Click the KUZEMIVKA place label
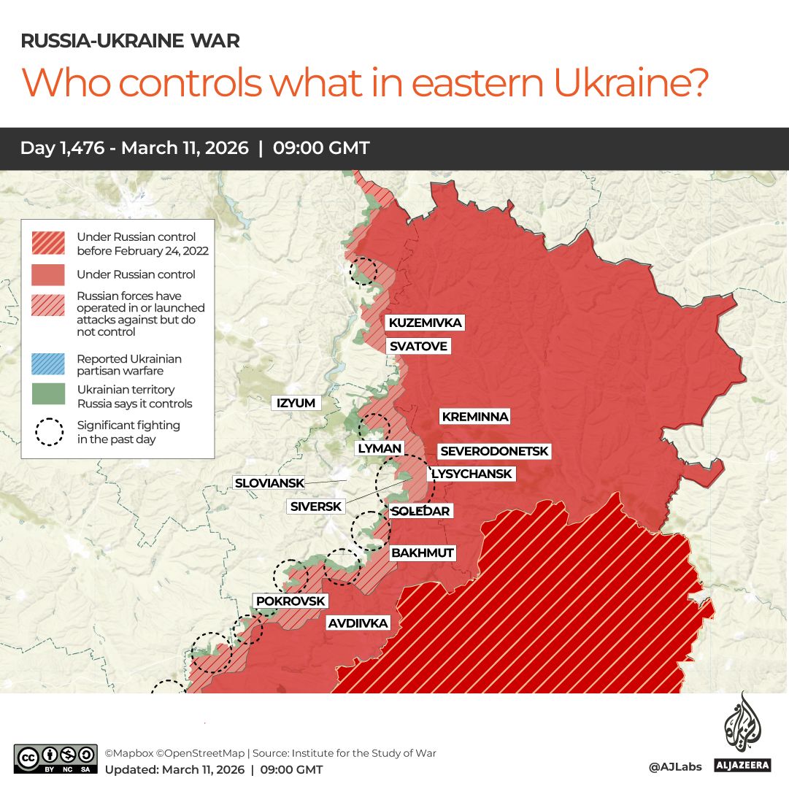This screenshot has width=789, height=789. pyautogui.click(x=425, y=323)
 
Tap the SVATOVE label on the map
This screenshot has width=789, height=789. pyautogui.click(x=417, y=346)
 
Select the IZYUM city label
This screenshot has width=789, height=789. pyautogui.click(x=295, y=403)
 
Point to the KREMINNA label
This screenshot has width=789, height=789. pyautogui.click(x=474, y=417)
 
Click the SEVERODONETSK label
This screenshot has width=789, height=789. pyautogui.click(x=493, y=452)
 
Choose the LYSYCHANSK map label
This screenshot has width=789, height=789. pyautogui.click(x=472, y=474)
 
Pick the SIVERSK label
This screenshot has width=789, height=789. pyautogui.click(x=315, y=507)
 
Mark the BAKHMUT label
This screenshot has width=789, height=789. pyautogui.click(x=423, y=553)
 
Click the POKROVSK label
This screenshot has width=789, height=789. pyautogui.click(x=290, y=601)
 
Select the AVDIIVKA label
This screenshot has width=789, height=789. pyautogui.click(x=358, y=623)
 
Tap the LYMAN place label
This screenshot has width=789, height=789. pyautogui.click(x=379, y=448)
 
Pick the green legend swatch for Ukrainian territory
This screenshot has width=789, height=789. pyautogui.click(x=49, y=394)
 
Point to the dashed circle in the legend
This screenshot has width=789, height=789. pyautogui.click(x=49, y=431)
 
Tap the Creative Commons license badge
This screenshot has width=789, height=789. pyautogui.click(x=55, y=758)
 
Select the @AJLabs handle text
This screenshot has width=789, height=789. pyautogui.click(x=675, y=766)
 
